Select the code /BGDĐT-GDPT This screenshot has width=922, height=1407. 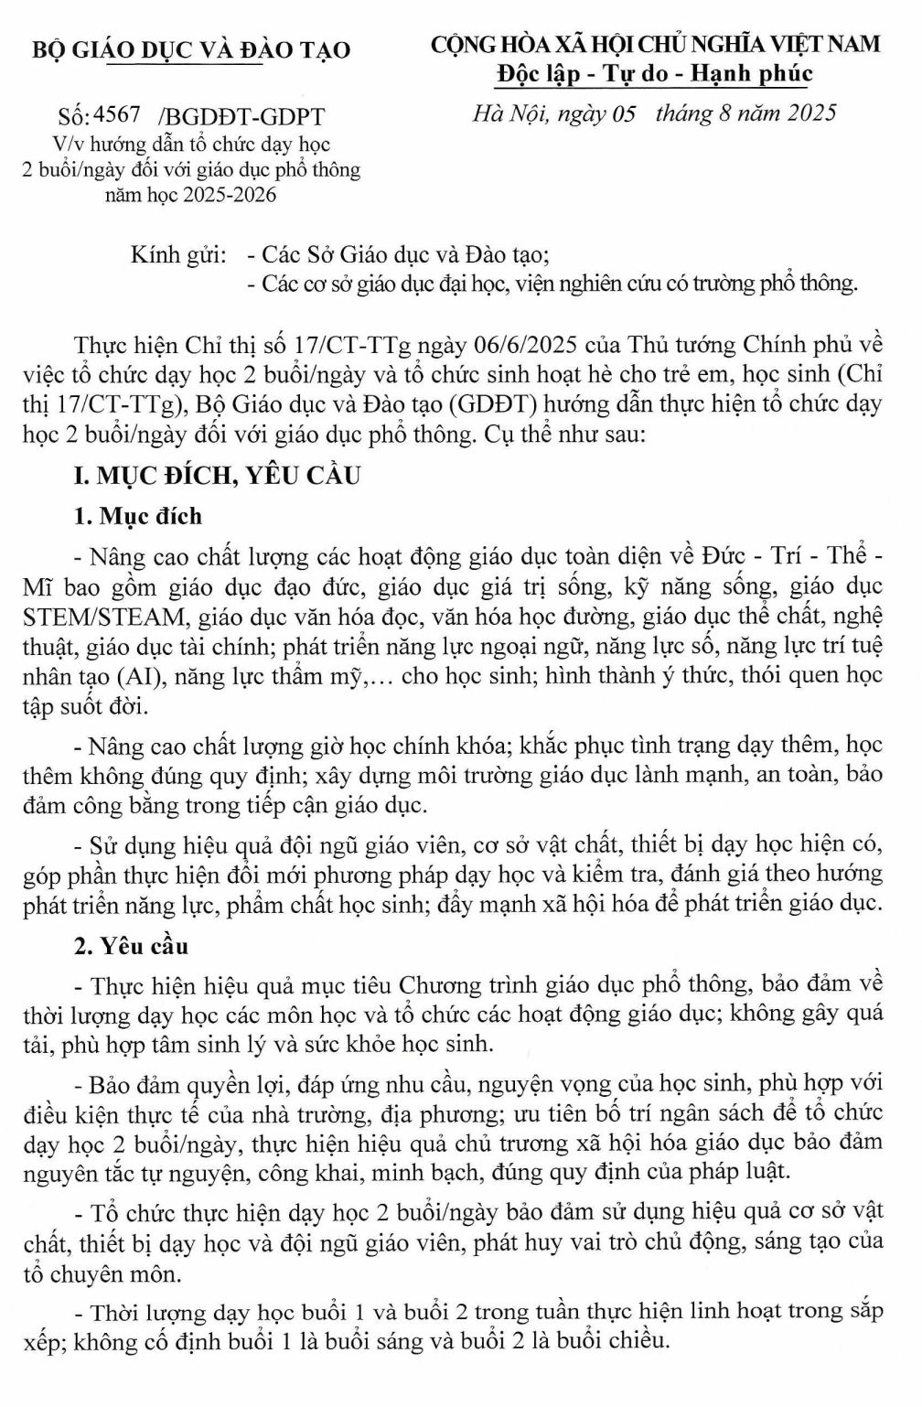pyautogui.click(x=241, y=117)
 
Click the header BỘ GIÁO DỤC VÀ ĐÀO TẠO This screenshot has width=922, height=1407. pyautogui.click(x=191, y=49)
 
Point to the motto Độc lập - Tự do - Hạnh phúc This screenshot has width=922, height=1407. pyautogui.click(x=654, y=73)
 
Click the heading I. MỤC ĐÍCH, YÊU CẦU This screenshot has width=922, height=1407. pyautogui.click(x=217, y=476)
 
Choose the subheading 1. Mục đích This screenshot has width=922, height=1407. pyautogui.click(x=138, y=516)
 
